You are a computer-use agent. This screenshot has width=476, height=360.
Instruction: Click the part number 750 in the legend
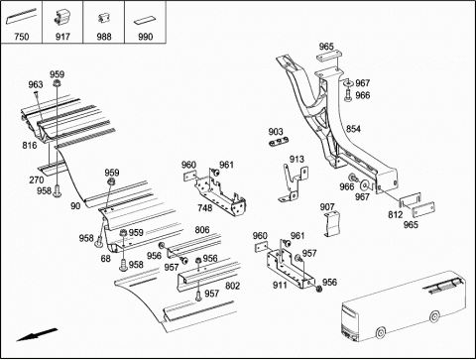click(x=22, y=37)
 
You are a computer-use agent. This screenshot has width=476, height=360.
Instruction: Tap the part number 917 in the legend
click(x=62, y=37)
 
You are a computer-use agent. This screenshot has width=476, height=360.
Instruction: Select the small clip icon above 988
click(x=102, y=18)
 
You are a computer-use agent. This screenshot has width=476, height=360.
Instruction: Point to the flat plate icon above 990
click(x=144, y=21)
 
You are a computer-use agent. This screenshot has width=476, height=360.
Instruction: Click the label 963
click(x=36, y=84)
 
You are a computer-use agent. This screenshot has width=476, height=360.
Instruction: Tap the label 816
click(x=30, y=145)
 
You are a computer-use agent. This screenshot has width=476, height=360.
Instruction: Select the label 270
click(x=37, y=180)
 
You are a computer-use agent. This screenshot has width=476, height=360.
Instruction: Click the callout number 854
click(x=353, y=129)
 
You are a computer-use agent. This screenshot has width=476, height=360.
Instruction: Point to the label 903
click(x=276, y=132)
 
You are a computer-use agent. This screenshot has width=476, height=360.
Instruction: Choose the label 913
click(x=297, y=159)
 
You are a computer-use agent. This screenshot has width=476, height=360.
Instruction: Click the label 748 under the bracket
click(x=205, y=208)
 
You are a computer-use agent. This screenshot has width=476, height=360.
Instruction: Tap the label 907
click(x=327, y=207)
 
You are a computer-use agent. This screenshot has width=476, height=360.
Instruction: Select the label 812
click(x=396, y=215)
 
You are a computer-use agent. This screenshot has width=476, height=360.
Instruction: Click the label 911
click(x=280, y=285)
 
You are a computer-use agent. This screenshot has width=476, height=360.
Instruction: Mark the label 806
click(x=202, y=230)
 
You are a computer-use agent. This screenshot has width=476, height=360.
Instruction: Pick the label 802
click(x=232, y=286)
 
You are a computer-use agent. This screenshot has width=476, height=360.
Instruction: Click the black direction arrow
click(x=37, y=334)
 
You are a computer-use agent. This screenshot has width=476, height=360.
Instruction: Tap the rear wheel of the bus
click(x=434, y=316)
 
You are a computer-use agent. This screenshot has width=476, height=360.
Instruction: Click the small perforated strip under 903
click(x=279, y=142)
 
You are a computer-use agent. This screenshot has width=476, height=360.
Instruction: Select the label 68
click(x=105, y=258)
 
